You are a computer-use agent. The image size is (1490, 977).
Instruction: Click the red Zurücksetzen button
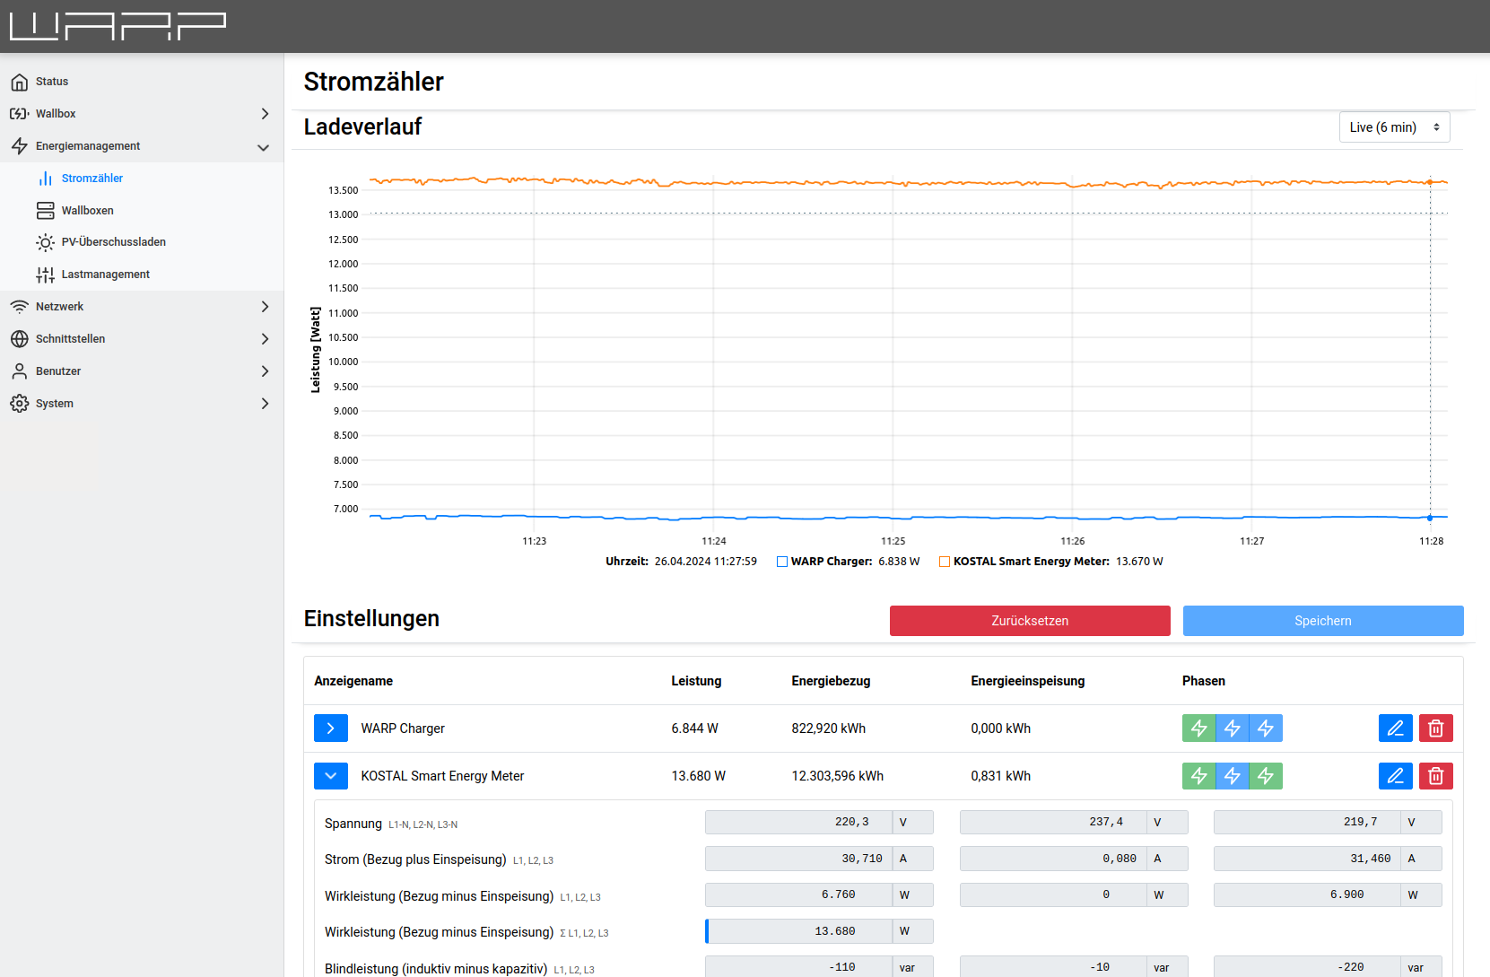tap(1029, 621)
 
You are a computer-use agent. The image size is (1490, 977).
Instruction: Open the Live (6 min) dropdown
tap(1394, 127)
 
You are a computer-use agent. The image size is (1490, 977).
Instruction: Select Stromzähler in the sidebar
tap(92, 179)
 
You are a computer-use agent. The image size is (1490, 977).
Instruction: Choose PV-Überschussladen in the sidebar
tap(113, 242)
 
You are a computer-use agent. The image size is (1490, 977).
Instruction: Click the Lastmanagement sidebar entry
tap(105, 275)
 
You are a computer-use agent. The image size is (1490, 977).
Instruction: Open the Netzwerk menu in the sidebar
tap(59, 307)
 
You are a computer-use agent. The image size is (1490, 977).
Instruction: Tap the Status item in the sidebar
tap(52, 82)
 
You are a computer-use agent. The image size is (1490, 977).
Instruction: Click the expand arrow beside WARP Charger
tap(331, 728)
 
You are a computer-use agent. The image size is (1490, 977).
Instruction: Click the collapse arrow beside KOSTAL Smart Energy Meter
tap(331, 776)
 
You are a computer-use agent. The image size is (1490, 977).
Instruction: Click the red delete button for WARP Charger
tap(1435, 728)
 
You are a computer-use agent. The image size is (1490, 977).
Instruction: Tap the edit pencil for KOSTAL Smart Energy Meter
tap(1395, 776)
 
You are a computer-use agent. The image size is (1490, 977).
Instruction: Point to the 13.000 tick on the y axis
tap(343, 215)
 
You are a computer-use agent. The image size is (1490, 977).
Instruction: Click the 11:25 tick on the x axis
tap(893, 541)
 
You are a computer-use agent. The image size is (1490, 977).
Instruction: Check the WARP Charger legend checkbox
tap(782, 562)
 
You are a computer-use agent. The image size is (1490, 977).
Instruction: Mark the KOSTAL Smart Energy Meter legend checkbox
tap(945, 562)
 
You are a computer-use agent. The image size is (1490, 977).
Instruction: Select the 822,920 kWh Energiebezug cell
tap(828, 728)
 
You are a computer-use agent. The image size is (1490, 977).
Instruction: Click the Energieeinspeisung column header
tap(1027, 681)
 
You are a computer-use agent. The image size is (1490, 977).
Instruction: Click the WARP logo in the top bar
tap(118, 26)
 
